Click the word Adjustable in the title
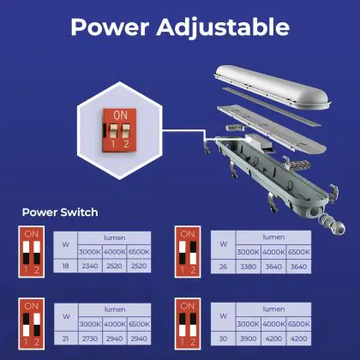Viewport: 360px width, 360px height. coord(223,27)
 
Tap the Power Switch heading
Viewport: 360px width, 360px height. coord(60,213)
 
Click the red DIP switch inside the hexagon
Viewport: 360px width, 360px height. coord(119,129)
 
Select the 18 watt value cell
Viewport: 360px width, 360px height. coord(65,266)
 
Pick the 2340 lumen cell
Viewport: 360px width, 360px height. coord(90,266)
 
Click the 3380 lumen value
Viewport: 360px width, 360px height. coord(248,267)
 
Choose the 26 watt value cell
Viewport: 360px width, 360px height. coord(223,267)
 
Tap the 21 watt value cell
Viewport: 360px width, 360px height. coord(66,339)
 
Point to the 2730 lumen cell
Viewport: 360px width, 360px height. coord(90,339)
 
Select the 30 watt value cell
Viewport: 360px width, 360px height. coord(223,339)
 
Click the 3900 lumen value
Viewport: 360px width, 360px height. coord(248,339)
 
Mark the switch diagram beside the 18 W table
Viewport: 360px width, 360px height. coord(32,252)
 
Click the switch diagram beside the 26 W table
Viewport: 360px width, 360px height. coord(188,252)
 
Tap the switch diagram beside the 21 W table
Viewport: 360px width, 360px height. coord(32,324)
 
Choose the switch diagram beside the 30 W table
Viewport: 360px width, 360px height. coord(188,324)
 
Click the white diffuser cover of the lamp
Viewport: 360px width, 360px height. coord(273,87)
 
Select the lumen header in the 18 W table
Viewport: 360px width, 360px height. coord(114,237)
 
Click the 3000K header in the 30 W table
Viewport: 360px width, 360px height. coord(248,324)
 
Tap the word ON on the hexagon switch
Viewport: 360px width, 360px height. coord(120,115)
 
